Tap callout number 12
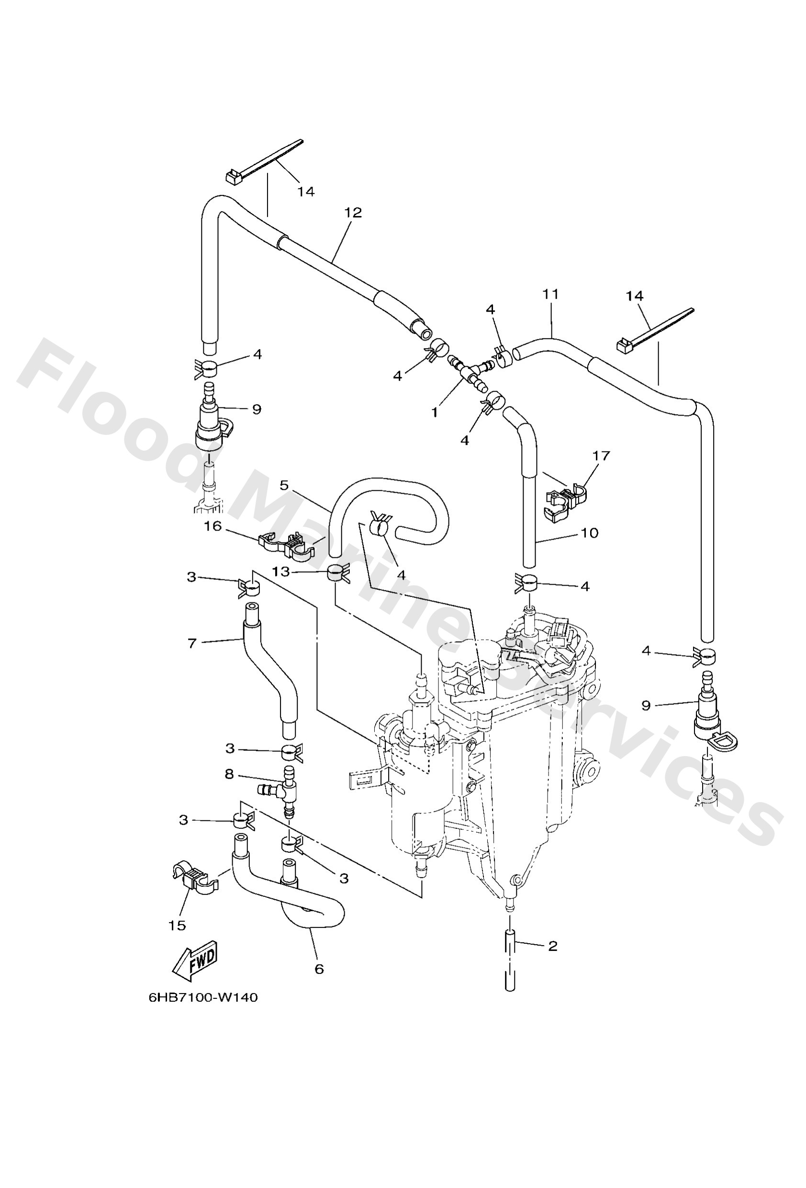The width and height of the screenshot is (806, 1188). coord(353,212)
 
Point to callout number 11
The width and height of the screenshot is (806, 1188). coord(551,294)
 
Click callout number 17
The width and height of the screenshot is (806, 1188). coord(602,455)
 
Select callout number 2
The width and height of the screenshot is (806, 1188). coord(552,946)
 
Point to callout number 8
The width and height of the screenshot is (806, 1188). coord(229,774)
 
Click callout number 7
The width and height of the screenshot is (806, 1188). coord(192,643)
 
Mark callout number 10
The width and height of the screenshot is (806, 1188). coord(589,532)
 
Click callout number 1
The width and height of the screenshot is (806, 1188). coord(435,412)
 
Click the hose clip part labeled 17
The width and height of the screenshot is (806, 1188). coord(566,500)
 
